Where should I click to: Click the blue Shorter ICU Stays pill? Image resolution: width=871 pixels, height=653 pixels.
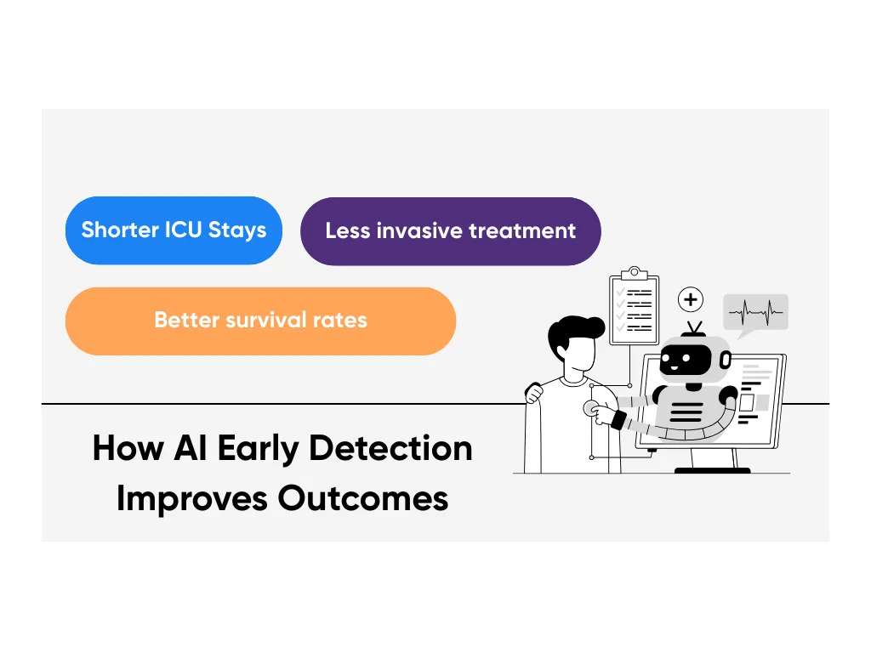(x=174, y=230)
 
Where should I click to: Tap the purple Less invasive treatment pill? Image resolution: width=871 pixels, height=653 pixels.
(x=451, y=231)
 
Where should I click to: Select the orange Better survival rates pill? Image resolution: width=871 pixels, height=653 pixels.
(x=260, y=321)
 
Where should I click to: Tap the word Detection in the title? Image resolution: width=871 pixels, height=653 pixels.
(x=390, y=449)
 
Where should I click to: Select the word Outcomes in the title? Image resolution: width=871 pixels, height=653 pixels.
(x=362, y=498)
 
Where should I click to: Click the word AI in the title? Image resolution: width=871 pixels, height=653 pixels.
(x=191, y=448)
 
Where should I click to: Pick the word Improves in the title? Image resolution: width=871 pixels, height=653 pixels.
(x=192, y=499)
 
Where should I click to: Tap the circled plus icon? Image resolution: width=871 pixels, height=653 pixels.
(x=691, y=300)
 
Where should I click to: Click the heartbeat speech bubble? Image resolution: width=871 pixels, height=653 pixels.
(x=755, y=315)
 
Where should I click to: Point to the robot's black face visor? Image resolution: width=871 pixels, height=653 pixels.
(x=685, y=361)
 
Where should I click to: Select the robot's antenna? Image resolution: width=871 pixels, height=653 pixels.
(x=694, y=329)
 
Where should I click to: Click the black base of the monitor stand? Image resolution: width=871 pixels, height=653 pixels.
(x=712, y=471)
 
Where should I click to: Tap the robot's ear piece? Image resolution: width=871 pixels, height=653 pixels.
(x=726, y=361)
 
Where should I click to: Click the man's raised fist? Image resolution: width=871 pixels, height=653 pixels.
(x=534, y=393)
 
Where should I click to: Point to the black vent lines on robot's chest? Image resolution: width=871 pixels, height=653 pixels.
(x=686, y=412)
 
